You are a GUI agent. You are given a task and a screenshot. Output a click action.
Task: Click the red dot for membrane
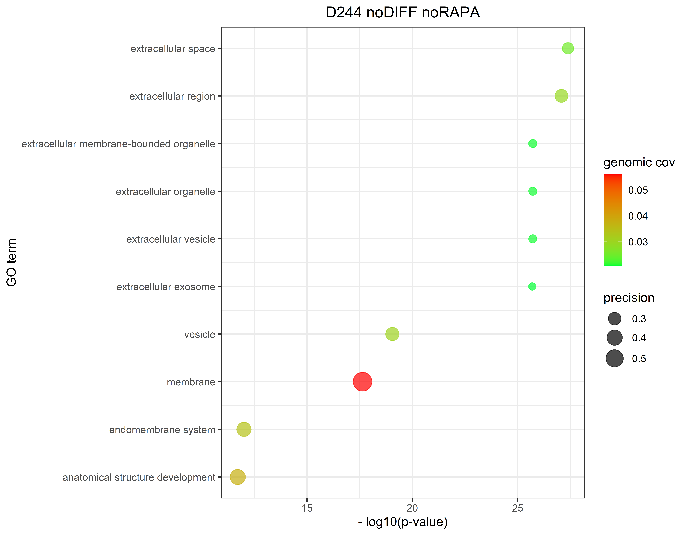pyautogui.click(x=362, y=382)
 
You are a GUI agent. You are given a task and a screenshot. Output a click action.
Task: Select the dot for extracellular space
pyautogui.click(x=568, y=48)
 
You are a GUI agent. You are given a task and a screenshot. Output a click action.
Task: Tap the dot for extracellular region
pyautogui.click(x=561, y=96)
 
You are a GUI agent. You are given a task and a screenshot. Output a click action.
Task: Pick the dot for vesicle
pyautogui.click(x=392, y=334)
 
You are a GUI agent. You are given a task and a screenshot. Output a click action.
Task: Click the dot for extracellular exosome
pyautogui.click(x=532, y=287)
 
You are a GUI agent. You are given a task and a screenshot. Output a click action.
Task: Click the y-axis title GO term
pyautogui.click(x=12, y=263)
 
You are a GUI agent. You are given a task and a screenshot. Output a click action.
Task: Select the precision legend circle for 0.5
pyautogui.click(x=614, y=358)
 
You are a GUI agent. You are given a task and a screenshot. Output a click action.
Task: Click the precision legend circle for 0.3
pyautogui.click(x=614, y=319)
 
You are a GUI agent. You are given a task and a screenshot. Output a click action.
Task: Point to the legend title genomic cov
pyautogui.click(x=639, y=162)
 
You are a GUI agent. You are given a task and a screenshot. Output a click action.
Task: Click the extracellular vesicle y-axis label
pyautogui.click(x=171, y=239)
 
